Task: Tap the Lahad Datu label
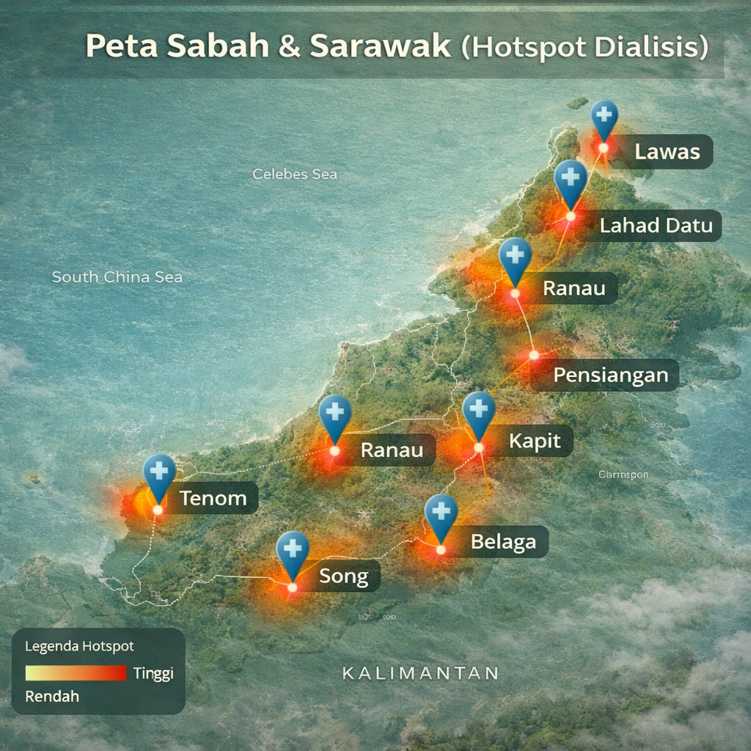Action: click(656, 225)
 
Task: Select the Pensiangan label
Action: click(610, 375)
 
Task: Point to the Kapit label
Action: click(535, 441)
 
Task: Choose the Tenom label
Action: click(213, 499)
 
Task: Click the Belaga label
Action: click(503, 543)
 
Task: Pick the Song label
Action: click(343, 576)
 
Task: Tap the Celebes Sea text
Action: click(295, 175)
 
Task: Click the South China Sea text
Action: click(117, 277)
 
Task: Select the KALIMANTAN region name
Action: click(421, 673)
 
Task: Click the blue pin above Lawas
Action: click(604, 117)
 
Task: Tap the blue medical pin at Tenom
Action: click(159, 474)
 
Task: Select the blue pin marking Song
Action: click(293, 552)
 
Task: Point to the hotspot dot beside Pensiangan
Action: click(534, 355)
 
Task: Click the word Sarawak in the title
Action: click(380, 46)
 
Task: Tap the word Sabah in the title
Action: click(218, 46)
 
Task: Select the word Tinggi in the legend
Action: click(153, 673)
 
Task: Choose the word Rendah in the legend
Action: click(52, 696)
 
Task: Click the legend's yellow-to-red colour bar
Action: click(76, 673)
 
